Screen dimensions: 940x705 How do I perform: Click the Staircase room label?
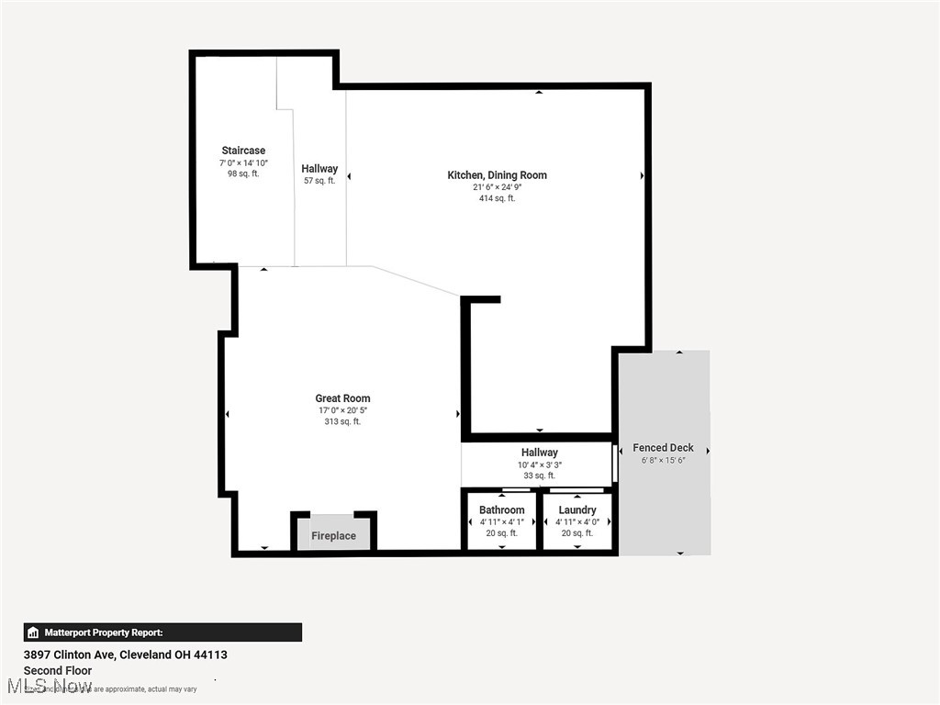click(243, 151)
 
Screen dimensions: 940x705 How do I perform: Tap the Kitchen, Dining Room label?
click(497, 175)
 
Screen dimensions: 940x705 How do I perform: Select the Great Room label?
click(342, 398)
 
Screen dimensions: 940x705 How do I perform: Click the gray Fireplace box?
click(333, 535)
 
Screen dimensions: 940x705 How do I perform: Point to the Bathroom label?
click(501, 509)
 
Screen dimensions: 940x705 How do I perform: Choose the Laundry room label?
click(577, 509)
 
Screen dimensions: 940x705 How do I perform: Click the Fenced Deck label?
click(663, 448)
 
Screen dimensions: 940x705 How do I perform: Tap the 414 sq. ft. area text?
click(497, 198)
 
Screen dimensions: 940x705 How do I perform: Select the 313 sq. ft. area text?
click(342, 422)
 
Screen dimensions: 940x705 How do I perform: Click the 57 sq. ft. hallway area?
click(319, 181)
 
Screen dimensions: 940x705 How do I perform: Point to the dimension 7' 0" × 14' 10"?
click(243, 162)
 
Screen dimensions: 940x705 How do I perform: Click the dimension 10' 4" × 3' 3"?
click(539, 464)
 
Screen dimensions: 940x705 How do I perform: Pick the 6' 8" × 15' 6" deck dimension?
click(663, 461)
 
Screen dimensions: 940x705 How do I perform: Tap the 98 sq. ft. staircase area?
click(243, 173)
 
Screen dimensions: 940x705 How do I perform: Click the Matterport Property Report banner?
click(162, 632)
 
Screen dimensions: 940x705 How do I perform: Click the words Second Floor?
click(57, 671)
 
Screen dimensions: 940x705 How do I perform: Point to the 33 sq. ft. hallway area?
click(539, 476)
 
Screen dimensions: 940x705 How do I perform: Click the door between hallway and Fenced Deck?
click(615, 464)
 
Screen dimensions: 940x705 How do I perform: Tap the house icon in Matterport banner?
click(33, 632)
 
